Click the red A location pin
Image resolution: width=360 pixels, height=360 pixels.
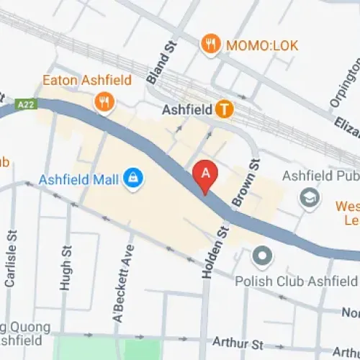tap(206, 175)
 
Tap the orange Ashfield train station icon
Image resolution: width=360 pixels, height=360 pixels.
tap(225, 109)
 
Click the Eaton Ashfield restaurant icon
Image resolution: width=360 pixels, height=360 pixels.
tap(104, 103)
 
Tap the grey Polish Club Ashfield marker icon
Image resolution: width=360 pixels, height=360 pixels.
tap(261, 255)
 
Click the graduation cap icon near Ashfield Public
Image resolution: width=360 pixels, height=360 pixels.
tap(311, 197)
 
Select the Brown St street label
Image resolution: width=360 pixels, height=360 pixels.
tap(246, 183)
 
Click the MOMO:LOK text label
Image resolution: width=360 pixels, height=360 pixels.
tap(257, 45)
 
